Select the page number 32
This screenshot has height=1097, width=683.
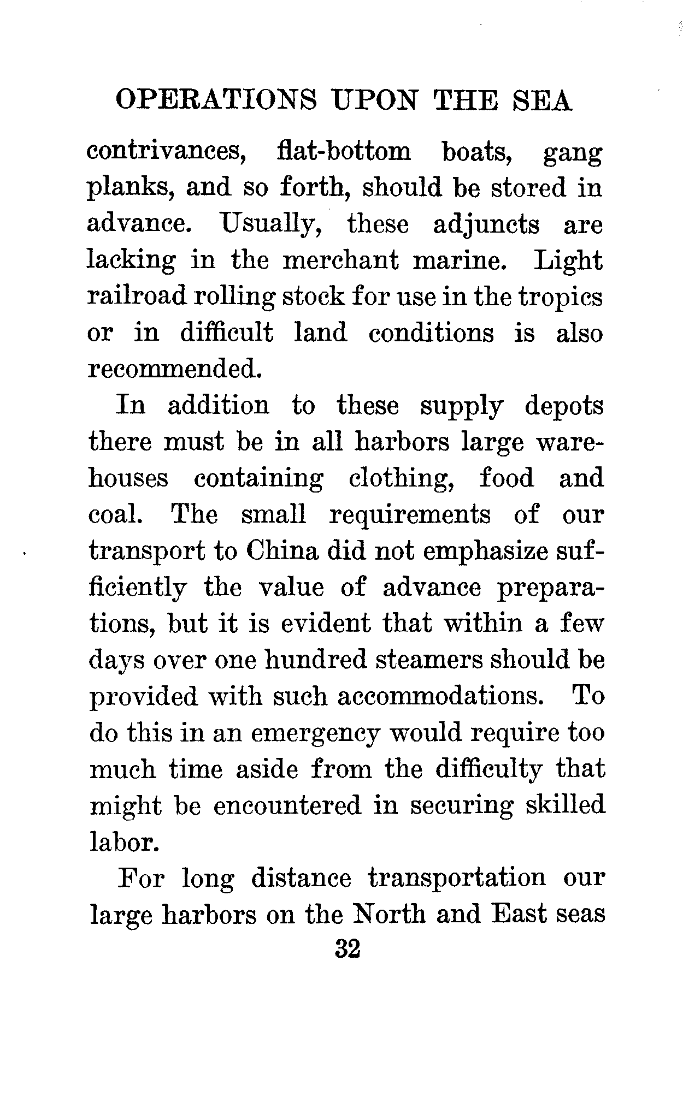click(x=347, y=950)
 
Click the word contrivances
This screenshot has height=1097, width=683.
click(x=166, y=152)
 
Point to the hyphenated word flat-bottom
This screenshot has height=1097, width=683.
click(x=343, y=152)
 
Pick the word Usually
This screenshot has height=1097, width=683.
click(x=270, y=225)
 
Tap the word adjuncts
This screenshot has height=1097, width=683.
click(x=486, y=225)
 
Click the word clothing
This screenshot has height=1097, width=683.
click(x=402, y=478)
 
